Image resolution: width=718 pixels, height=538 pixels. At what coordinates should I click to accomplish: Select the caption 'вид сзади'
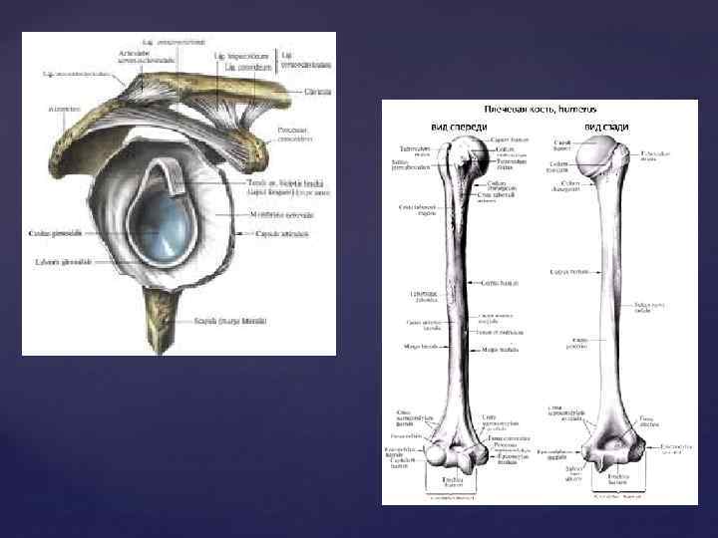[607, 128]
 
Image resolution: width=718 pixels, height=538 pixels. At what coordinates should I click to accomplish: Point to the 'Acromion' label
[55, 107]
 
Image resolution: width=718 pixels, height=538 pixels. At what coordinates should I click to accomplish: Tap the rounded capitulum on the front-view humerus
[439, 456]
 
